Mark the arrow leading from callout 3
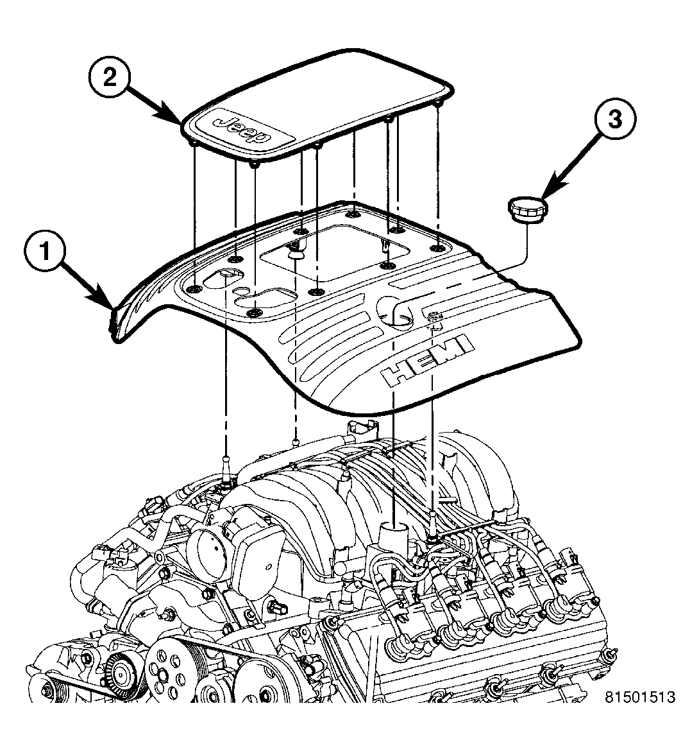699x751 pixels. pyautogui.click(x=570, y=166)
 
